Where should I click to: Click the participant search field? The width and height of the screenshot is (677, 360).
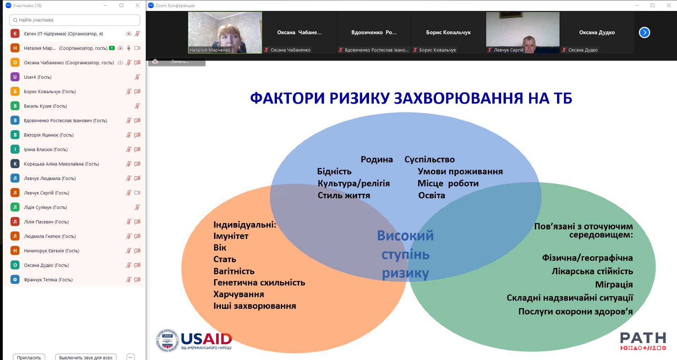(x=74, y=20)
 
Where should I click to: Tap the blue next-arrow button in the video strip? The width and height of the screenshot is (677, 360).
(x=644, y=32)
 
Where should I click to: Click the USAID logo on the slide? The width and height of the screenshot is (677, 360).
(x=194, y=340)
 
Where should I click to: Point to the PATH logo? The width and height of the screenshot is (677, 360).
(x=643, y=341)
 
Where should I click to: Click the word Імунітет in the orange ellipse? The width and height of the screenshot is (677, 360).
(x=231, y=236)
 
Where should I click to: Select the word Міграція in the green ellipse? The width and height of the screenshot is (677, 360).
(x=614, y=284)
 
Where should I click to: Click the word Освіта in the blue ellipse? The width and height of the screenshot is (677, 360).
(x=431, y=196)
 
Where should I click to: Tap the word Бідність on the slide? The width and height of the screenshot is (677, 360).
(x=334, y=172)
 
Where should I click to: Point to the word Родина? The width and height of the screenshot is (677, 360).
(x=376, y=160)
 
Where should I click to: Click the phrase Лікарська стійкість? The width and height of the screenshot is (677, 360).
(x=592, y=271)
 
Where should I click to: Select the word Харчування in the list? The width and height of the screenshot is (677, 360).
(x=238, y=294)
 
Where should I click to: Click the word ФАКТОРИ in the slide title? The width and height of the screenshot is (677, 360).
(x=287, y=98)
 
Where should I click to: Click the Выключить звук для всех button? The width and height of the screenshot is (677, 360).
(x=86, y=357)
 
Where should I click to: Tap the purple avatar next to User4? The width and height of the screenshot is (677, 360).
(x=15, y=77)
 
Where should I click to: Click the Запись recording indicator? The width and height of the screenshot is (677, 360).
(x=177, y=61)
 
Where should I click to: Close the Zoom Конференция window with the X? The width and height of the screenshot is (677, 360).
(x=669, y=5)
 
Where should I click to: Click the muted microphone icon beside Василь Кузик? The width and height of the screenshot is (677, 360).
(x=137, y=106)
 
